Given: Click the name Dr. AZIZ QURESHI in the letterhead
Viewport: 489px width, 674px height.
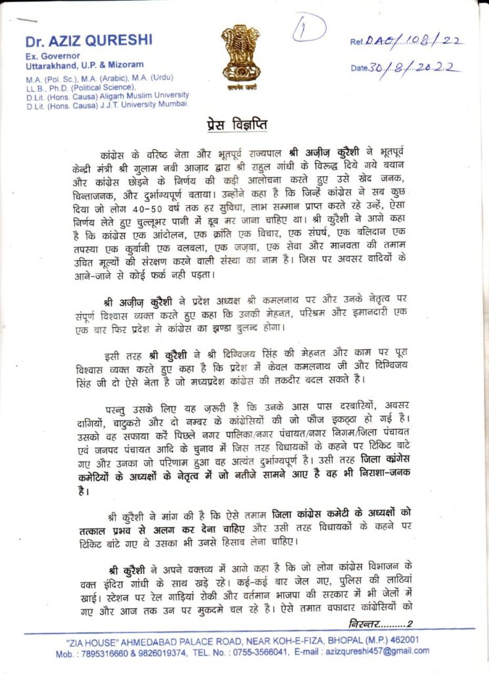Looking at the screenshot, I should [89, 40].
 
